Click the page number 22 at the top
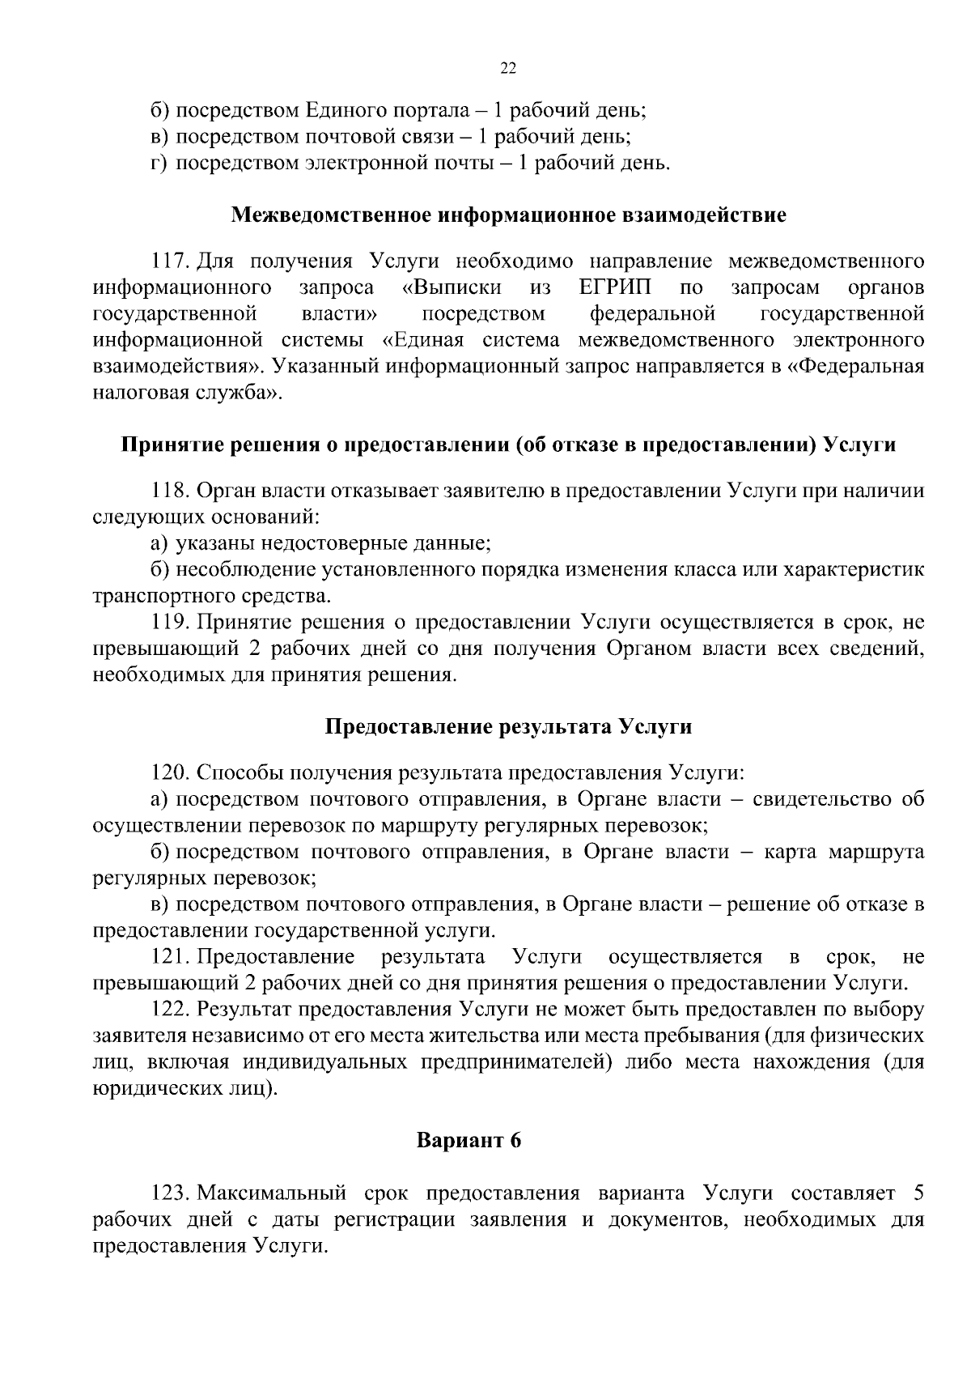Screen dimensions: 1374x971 [508, 69]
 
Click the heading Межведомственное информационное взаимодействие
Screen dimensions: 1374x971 [508, 216]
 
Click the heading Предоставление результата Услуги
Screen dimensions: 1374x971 [508, 726]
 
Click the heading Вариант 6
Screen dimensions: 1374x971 [469, 1141]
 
